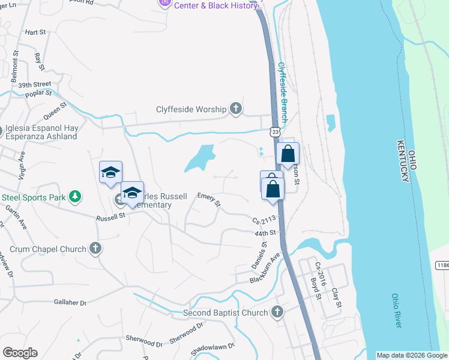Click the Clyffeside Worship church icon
236,109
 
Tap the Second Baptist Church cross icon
277,312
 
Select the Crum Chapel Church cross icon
94,248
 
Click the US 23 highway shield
274,131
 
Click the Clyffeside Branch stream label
282,91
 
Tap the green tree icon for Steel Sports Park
74,196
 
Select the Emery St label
209,200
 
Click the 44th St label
264,232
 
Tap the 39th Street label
34,85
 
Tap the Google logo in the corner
20,353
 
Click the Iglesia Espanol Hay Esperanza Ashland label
41,132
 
